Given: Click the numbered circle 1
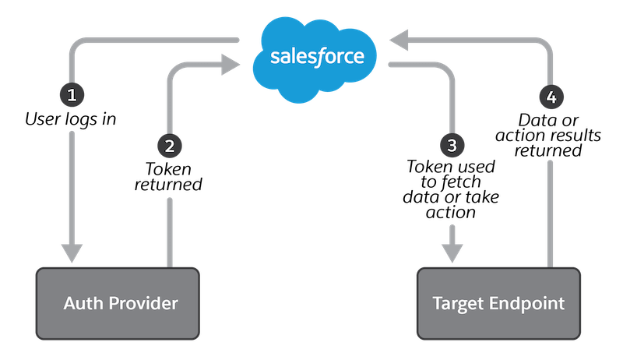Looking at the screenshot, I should tap(72, 96).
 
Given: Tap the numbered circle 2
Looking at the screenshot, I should tap(168, 144).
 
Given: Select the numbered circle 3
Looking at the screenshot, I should tap(452, 144).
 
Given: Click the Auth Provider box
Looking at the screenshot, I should tap(117, 303).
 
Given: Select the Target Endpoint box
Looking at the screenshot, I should tap(498, 303).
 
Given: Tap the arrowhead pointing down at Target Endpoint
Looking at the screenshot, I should tap(452, 252).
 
